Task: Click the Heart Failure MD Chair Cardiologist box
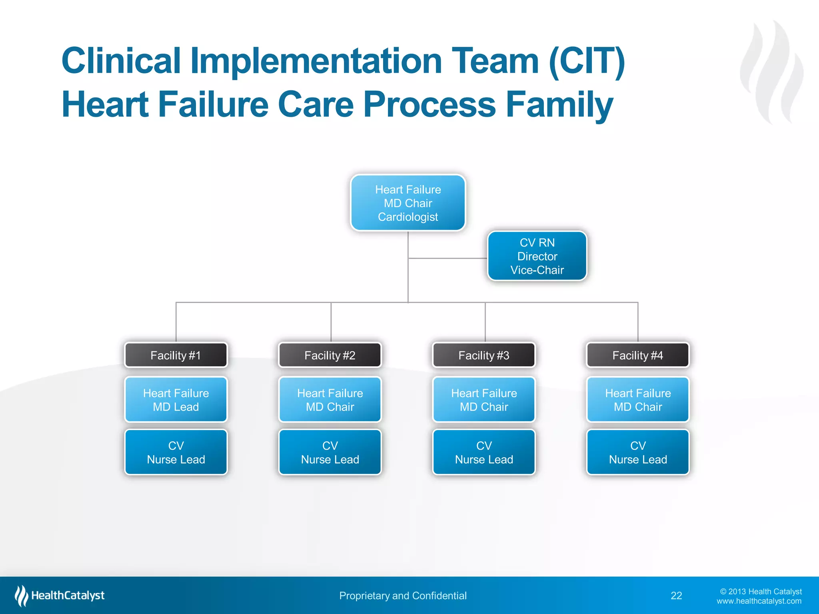[x=408, y=203]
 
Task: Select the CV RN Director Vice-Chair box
[x=537, y=256]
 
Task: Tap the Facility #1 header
[x=176, y=355]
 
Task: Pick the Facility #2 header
[x=330, y=355]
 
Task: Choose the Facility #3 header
[x=484, y=355]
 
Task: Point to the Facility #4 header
[x=638, y=355]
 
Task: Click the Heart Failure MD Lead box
[x=176, y=400]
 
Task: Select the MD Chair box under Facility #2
[x=330, y=400]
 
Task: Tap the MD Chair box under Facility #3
[x=484, y=400]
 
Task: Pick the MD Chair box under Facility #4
[x=638, y=400]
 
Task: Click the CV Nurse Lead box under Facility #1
[x=176, y=452]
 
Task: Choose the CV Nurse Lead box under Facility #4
[x=638, y=452]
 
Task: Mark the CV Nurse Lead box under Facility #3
[x=484, y=452]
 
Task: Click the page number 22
[x=676, y=596]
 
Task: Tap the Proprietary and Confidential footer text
[x=403, y=596]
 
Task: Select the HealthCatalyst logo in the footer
[x=60, y=596]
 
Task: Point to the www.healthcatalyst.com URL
[x=759, y=601]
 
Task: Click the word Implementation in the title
[x=316, y=61]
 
